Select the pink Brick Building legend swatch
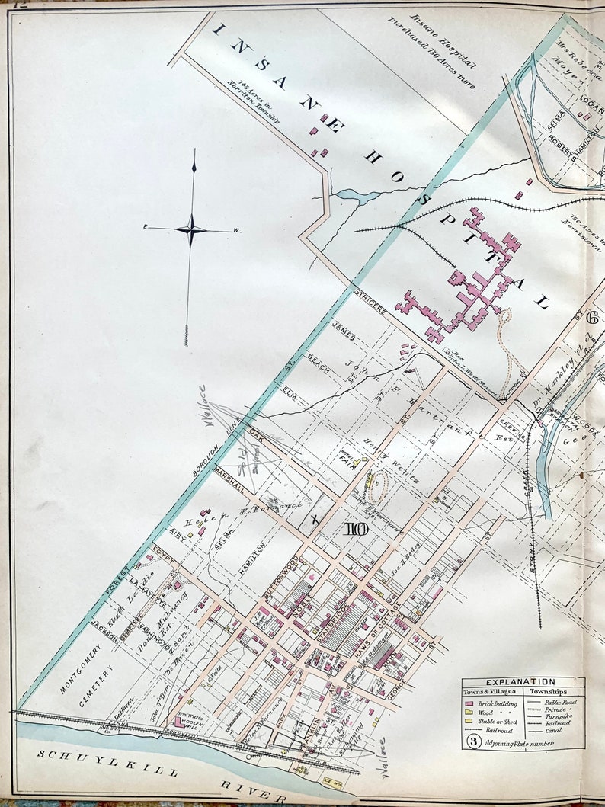[x=469, y=703]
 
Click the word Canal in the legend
[x=554, y=730]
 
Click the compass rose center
[x=193, y=229]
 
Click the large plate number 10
[x=356, y=530]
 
